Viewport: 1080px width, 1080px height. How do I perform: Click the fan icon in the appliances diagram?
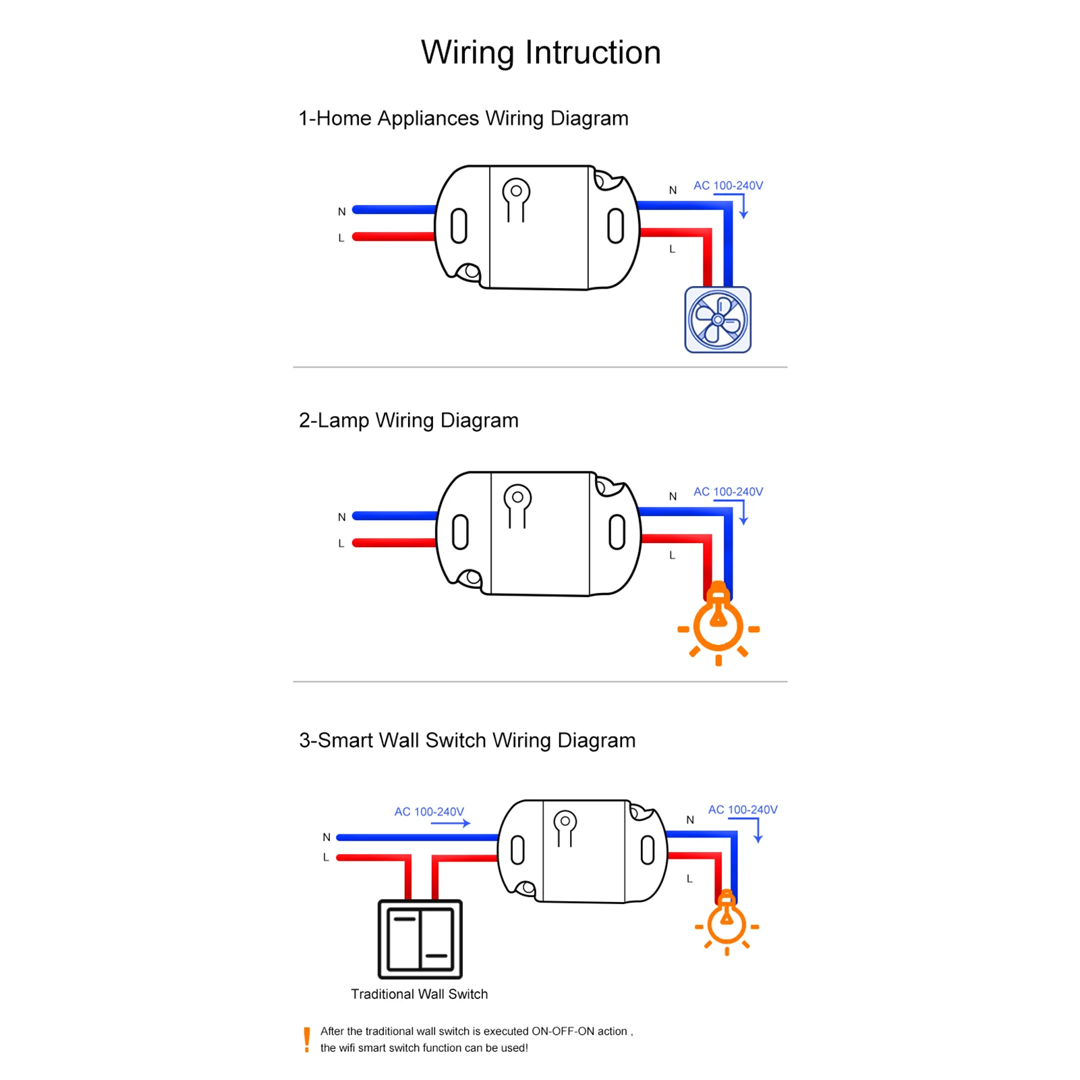(x=718, y=320)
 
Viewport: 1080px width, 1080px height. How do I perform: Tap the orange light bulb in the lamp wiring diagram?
(x=718, y=624)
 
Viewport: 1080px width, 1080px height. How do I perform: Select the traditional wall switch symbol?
(x=420, y=939)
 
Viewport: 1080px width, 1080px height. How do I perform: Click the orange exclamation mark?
(x=307, y=1040)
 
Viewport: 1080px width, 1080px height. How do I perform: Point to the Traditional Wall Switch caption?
(x=419, y=994)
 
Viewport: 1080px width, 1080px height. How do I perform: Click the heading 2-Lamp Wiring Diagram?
(x=408, y=420)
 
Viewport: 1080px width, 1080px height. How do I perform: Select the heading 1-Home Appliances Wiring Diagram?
(x=463, y=118)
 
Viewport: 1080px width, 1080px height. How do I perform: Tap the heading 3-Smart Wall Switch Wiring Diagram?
(x=467, y=740)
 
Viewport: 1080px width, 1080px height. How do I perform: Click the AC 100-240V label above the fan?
(x=728, y=186)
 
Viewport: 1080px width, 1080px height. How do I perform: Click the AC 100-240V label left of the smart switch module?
(x=429, y=812)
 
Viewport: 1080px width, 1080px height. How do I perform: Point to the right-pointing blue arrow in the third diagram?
(x=452, y=823)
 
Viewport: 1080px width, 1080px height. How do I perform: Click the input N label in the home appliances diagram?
(x=342, y=212)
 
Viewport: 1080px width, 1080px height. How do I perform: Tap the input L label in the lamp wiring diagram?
(x=341, y=544)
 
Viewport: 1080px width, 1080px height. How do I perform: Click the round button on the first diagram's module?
(x=516, y=192)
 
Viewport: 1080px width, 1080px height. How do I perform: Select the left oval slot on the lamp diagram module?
(x=460, y=532)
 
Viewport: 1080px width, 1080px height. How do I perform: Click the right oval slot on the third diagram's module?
(x=648, y=850)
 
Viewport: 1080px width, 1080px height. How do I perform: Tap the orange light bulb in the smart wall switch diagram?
(x=727, y=922)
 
